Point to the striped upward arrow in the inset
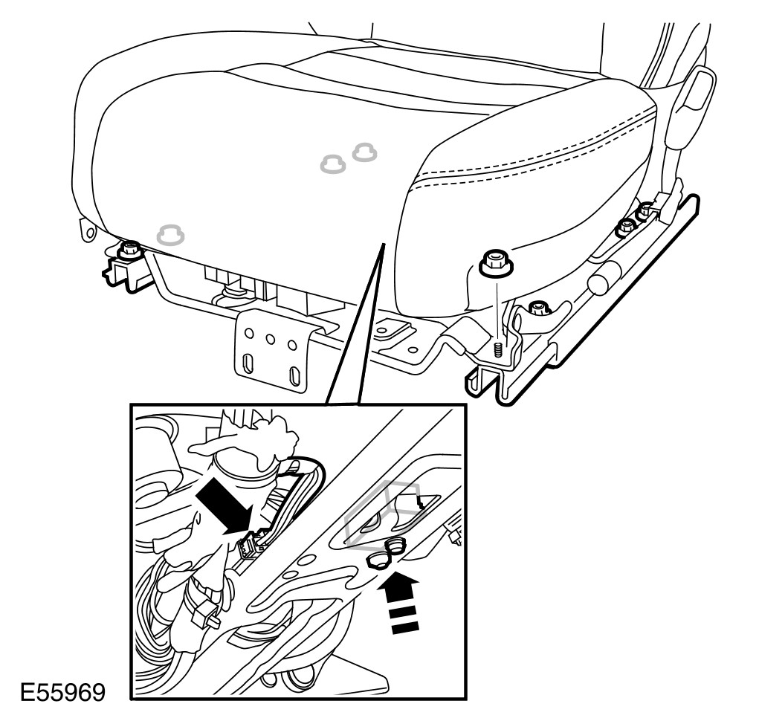(x=400, y=595)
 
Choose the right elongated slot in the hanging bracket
(x=296, y=376)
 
